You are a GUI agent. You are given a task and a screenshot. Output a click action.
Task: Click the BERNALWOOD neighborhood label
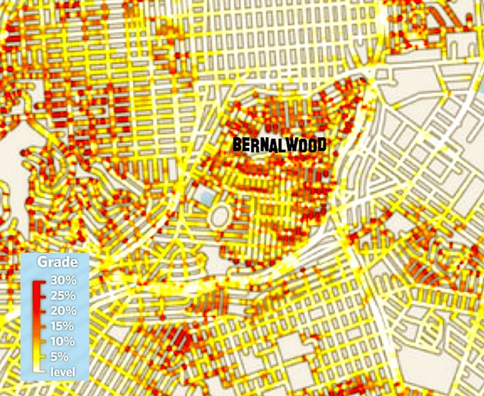(280, 144)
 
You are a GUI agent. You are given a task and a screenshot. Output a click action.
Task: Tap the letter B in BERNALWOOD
(237, 144)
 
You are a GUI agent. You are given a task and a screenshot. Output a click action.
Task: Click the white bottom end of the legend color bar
(37, 369)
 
